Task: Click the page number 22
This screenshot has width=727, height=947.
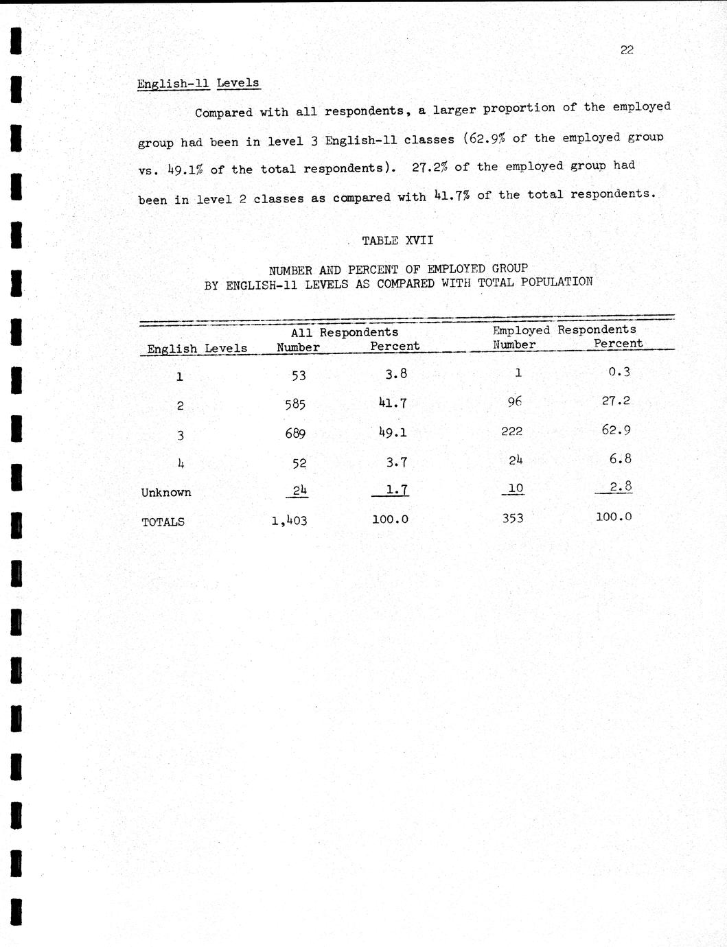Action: pos(626,49)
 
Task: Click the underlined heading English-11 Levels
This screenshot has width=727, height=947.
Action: pos(198,84)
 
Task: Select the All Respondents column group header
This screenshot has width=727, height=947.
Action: pos(344,333)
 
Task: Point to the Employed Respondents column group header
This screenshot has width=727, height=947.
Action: pos(564,330)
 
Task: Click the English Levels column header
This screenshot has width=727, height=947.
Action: pos(197,349)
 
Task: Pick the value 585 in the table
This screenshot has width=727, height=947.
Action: pos(295,404)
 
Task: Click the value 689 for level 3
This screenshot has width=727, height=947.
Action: pos(295,434)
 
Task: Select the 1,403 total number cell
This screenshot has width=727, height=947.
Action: pos(289,521)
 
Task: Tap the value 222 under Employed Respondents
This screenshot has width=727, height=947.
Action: pos(511,431)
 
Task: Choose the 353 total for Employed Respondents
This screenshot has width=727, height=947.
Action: pos(512,518)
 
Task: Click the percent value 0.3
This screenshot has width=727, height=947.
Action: pos(619,372)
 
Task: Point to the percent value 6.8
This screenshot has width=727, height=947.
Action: pos(620,458)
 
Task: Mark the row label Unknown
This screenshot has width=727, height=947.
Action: pos(166,493)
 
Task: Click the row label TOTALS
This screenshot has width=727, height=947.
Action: pos(163,522)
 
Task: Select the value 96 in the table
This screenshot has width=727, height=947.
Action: pos(515,401)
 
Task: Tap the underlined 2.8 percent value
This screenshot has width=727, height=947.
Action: pos(621,487)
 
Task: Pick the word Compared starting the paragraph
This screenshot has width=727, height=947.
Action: pos(224,113)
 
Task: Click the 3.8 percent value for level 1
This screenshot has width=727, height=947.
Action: pos(396,374)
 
